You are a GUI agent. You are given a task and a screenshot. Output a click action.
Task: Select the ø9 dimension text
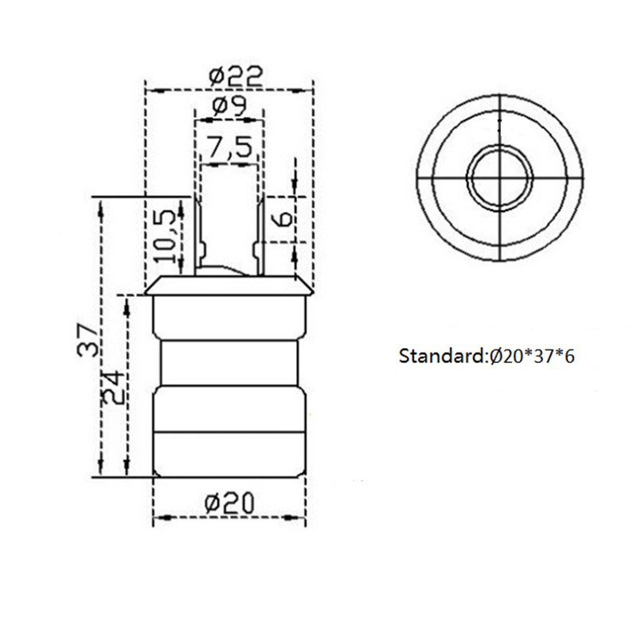pyautogui.click(x=229, y=105)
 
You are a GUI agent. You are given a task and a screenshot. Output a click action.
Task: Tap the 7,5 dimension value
pyautogui.click(x=229, y=147)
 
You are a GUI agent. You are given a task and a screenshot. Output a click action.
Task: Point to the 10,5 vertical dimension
pyautogui.click(x=165, y=236)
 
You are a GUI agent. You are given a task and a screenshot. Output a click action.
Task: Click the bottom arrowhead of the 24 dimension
pyautogui.click(x=125, y=471)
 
